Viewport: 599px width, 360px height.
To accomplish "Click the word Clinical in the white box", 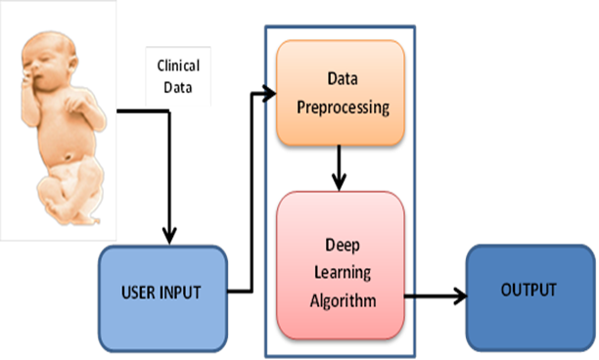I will [x=178, y=66].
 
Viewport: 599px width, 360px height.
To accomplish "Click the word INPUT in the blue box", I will [x=185, y=292].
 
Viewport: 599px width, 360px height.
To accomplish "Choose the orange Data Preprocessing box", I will [x=340, y=94].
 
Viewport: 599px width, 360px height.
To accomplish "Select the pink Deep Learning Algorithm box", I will [x=340, y=265].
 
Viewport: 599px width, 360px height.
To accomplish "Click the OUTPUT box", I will [x=529, y=291].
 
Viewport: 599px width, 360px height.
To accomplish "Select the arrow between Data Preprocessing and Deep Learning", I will [x=340, y=169].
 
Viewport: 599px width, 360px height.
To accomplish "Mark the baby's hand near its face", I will [x=29, y=83].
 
